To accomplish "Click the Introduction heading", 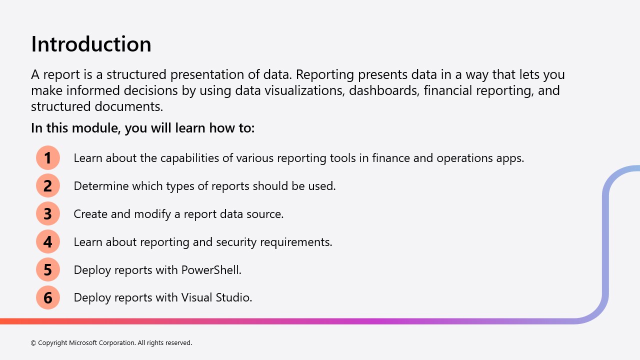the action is [x=91, y=44].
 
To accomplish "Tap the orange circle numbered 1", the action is [x=47, y=157].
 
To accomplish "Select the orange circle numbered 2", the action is [x=47, y=185].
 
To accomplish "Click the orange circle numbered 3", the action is [x=47, y=213].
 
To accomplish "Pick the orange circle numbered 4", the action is [x=47, y=241].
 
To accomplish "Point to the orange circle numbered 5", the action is [x=47, y=269].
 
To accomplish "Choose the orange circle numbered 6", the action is [x=47, y=297].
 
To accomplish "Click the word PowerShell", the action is [x=211, y=270].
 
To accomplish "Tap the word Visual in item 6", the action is [x=196, y=297].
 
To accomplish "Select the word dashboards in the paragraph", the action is [x=384, y=90].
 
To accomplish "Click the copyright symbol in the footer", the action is [x=33, y=343].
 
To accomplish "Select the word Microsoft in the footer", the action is [x=83, y=342].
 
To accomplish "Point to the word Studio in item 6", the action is [x=234, y=297].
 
